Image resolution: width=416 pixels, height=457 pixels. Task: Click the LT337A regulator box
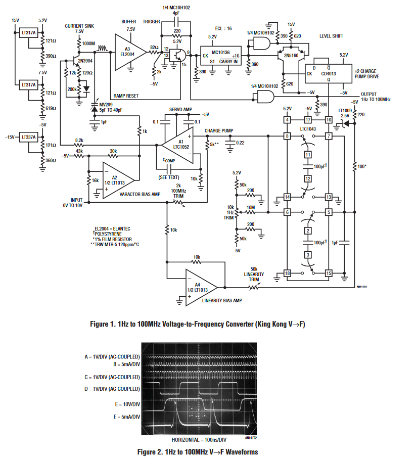(x=28, y=137)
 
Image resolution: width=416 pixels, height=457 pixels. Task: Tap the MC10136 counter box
(x=221, y=56)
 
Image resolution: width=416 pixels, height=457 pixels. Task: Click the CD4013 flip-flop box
(x=329, y=73)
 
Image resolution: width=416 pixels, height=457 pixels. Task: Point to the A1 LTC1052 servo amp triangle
(x=178, y=145)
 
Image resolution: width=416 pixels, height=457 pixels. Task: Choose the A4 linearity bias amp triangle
(x=201, y=288)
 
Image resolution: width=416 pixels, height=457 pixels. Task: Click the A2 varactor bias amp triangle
(x=118, y=180)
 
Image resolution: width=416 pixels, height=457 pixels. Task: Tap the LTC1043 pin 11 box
(x=308, y=155)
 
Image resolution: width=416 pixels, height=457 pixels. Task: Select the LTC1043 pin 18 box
(x=287, y=273)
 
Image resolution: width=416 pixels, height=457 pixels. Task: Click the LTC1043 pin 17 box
(x=308, y=119)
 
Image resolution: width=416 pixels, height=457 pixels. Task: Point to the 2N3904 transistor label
(x=85, y=61)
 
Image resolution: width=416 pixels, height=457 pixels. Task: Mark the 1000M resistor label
(x=88, y=43)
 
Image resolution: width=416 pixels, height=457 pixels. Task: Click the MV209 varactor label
(x=106, y=105)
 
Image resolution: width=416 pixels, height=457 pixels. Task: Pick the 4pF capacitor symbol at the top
(x=176, y=22)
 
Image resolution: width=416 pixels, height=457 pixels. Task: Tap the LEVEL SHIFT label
(x=331, y=36)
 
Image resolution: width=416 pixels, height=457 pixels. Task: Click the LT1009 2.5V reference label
(x=345, y=113)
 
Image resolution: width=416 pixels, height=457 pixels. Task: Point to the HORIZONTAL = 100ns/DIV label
(x=199, y=440)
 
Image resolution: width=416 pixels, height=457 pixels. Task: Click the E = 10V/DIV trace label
(x=127, y=404)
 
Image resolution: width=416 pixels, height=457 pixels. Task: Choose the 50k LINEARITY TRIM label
(x=254, y=275)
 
